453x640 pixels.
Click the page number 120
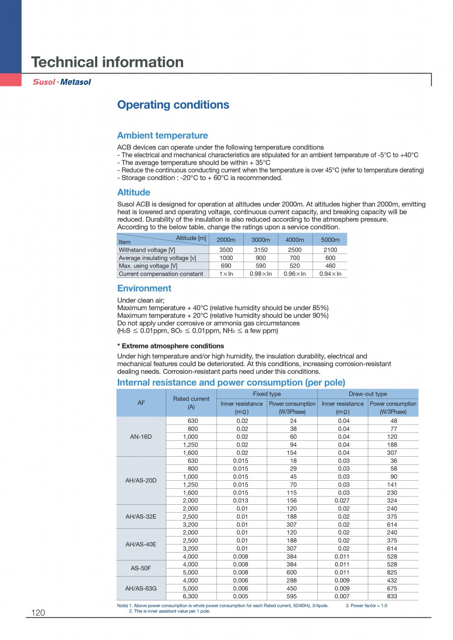click(38, 612)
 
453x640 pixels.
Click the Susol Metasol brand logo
click(62, 82)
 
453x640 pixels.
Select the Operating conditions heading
click(173, 105)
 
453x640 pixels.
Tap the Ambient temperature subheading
click(162, 135)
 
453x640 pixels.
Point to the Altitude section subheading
click(134, 192)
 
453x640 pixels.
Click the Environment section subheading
click(144, 288)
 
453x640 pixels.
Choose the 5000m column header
click(330, 240)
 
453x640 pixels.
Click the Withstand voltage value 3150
click(260, 250)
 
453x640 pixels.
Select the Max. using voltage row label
click(148, 266)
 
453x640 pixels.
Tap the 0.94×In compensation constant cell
click(330, 274)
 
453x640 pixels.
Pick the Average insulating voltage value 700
click(294, 258)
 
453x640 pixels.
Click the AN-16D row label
click(141, 437)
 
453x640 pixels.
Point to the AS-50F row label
click(141, 568)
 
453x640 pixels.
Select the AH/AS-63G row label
click(141, 588)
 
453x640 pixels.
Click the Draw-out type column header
click(368, 394)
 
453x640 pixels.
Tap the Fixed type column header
click(267, 394)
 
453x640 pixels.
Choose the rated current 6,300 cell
click(190, 596)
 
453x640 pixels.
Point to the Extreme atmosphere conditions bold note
click(170, 346)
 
